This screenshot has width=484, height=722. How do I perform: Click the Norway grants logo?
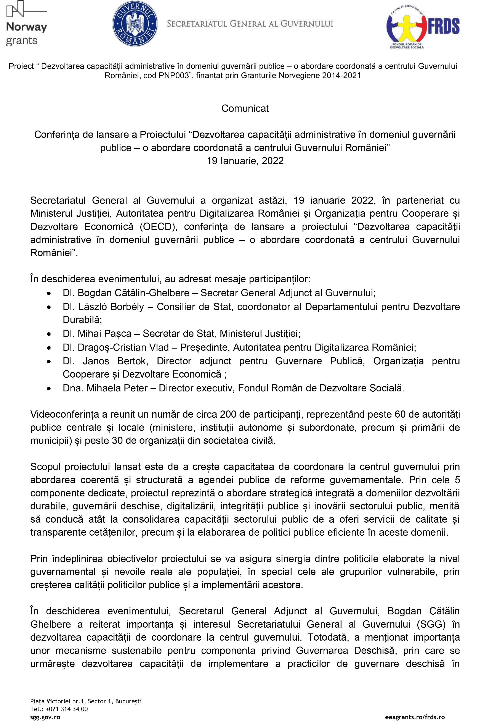pyautogui.click(x=26, y=24)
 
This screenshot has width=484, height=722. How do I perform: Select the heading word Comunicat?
pyautogui.click(x=245, y=108)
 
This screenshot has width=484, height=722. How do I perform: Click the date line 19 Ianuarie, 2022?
pyautogui.click(x=245, y=161)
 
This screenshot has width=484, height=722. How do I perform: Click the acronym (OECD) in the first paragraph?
pyautogui.click(x=158, y=226)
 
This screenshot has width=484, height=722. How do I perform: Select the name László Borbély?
pyautogui.click(x=111, y=307)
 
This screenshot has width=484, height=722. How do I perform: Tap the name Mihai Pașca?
pyautogui.click(x=104, y=333)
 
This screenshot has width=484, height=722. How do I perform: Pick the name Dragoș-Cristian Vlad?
pyautogui.click(x=123, y=347)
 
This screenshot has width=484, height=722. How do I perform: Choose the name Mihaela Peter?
pyautogui.click(x=117, y=388)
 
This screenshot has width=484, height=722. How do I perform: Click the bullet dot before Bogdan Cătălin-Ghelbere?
pyautogui.click(x=49, y=293)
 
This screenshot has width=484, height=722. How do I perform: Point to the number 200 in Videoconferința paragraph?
pyautogui.click(x=228, y=414)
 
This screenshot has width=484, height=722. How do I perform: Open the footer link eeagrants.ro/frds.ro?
pyautogui.click(x=415, y=717)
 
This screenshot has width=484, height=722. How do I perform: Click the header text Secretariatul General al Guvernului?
pyautogui.click(x=250, y=24)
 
